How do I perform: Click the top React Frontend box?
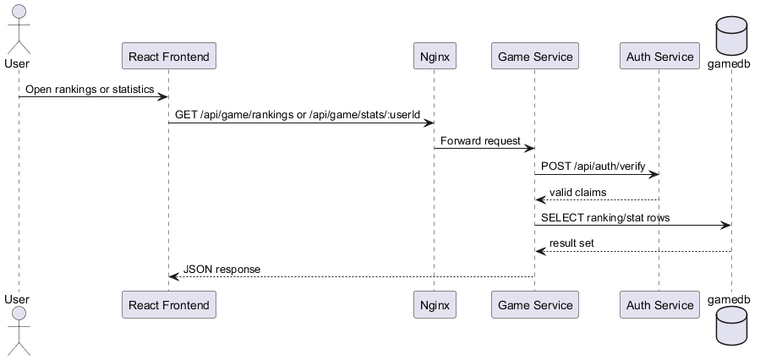pyautogui.click(x=169, y=56)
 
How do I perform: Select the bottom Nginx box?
pyautogui.click(x=435, y=305)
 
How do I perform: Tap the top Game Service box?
pyautogui.click(x=535, y=56)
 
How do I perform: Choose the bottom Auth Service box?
pyautogui.click(x=659, y=305)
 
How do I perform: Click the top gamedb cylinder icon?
pyautogui.click(x=732, y=35)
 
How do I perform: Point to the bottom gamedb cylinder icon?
pyautogui.click(x=732, y=325)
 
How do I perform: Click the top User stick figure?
pyautogui.click(x=19, y=29)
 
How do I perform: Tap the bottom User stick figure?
pyautogui.click(x=19, y=331)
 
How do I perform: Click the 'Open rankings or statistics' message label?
pyautogui.click(x=90, y=90)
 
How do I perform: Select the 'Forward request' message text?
pyautogui.click(x=480, y=141)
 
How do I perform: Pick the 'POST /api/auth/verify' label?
pyautogui.click(x=593, y=166)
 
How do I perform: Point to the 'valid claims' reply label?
pyautogui.click(x=577, y=193)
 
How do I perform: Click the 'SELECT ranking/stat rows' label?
pyautogui.click(x=605, y=218)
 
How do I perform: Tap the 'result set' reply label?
pyautogui.click(x=571, y=243)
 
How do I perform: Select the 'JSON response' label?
pyautogui.click(x=221, y=270)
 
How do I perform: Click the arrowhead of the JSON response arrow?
pyautogui.click(x=173, y=276)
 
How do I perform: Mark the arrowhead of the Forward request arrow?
pyautogui.click(x=529, y=148)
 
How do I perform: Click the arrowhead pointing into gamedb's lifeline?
pyautogui.click(x=726, y=226)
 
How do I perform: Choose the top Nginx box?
pyautogui.click(x=435, y=56)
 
